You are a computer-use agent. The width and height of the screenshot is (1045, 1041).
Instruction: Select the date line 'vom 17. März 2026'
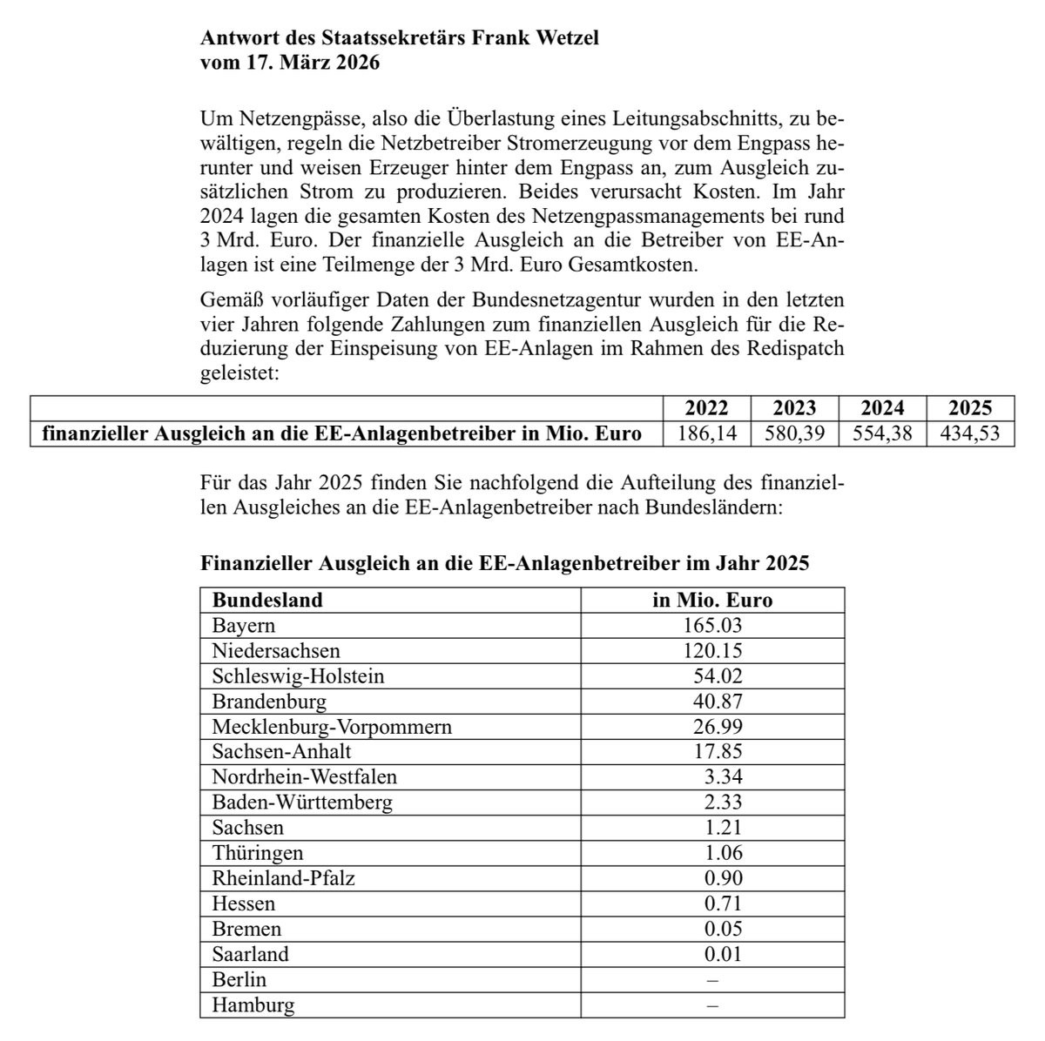(290, 64)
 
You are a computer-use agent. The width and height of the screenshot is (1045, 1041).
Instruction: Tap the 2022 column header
(706, 408)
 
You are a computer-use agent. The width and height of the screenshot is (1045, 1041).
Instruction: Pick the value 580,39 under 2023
(794, 433)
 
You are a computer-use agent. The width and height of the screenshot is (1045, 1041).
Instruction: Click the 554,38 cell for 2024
(882, 433)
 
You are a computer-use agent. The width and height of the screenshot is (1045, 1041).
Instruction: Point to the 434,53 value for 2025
(970, 433)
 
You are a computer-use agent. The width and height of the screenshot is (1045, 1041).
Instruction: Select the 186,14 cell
(706, 433)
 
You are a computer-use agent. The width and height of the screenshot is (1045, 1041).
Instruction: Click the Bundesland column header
(267, 600)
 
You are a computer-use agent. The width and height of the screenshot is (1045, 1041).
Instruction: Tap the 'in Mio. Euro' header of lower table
(712, 600)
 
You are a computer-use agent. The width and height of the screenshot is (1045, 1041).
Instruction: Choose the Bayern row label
(244, 625)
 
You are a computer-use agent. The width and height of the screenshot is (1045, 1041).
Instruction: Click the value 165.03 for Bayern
(712, 625)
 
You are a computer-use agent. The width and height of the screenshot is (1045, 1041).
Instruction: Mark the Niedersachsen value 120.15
(712, 650)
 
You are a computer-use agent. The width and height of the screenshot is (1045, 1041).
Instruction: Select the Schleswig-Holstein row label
(298, 675)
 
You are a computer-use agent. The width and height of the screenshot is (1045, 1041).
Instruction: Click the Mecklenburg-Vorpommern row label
(332, 726)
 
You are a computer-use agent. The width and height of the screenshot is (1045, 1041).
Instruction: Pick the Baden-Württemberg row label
(302, 802)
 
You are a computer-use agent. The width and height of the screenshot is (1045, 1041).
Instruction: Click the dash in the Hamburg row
(713, 1005)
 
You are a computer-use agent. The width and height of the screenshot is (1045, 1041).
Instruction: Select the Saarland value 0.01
(723, 954)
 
